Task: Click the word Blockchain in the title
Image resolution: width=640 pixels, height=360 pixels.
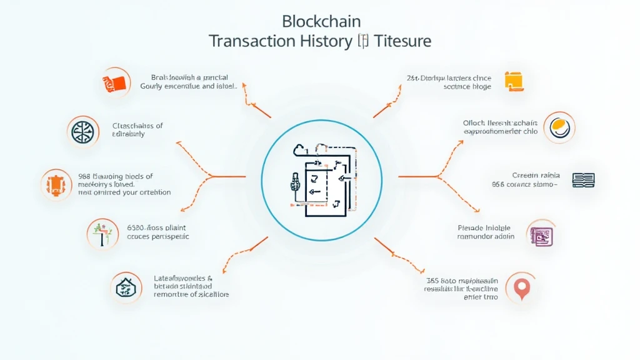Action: (x=321, y=21)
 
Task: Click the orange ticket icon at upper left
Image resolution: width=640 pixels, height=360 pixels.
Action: (x=116, y=82)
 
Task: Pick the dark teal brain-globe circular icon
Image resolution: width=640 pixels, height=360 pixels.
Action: (x=82, y=131)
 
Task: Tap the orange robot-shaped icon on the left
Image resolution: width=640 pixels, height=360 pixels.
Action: (x=56, y=184)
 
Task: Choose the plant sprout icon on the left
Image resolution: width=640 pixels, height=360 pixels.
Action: (x=101, y=234)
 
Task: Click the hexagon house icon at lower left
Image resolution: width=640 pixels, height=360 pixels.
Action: (x=126, y=287)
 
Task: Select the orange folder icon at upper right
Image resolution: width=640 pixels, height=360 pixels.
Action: (x=513, y=82)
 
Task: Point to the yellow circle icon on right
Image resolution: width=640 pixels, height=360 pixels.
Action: (x=559, y=128)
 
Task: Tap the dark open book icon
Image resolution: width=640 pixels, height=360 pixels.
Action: (x=583, y=180)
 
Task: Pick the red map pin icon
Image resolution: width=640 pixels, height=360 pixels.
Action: (x=521, y=287)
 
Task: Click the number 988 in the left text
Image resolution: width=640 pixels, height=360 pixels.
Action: (x=85, y=176)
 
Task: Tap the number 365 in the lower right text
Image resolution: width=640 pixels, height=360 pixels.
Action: (x=431, y=281)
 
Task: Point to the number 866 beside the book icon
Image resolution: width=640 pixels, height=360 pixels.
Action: (x=497, y=184)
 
